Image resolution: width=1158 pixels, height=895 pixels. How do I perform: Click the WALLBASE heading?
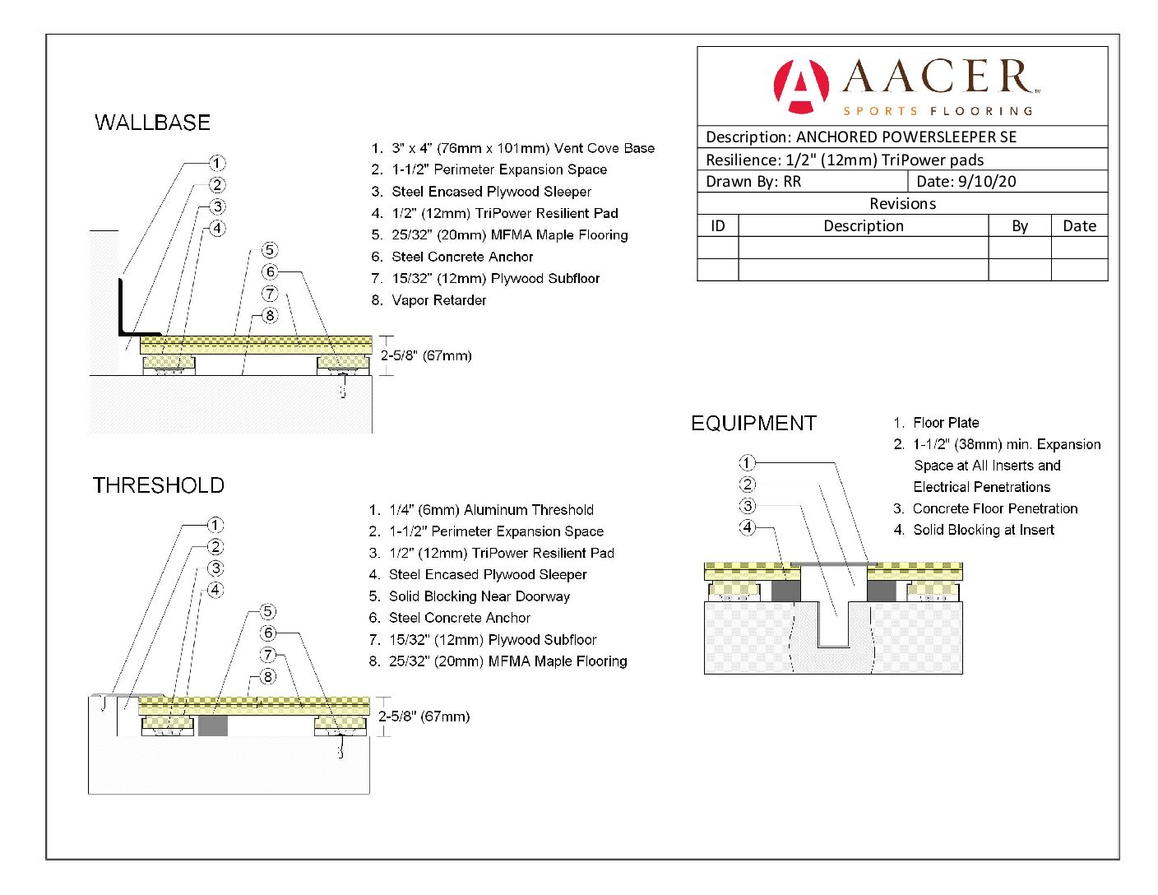(152, 123)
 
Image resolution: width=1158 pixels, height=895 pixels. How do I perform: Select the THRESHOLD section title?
(158, 485)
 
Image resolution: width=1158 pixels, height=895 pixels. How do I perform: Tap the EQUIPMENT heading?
(753, 424)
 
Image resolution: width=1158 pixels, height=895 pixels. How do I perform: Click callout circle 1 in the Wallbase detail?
(216, 163)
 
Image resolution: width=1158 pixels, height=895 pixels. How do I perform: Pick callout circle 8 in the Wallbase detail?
(270, 315)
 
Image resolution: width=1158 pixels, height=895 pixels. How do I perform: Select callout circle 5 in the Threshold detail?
(267, 611)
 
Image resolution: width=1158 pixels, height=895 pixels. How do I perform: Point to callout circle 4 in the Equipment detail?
(747, 527)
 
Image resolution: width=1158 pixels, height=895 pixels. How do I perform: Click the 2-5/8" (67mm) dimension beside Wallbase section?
(426, 355)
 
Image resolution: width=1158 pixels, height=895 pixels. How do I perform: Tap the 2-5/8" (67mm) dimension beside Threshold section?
(424, 716)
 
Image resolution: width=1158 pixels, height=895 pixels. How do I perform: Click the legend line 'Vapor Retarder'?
(438, 300)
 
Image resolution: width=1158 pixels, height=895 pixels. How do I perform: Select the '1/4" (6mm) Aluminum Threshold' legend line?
(491, 510)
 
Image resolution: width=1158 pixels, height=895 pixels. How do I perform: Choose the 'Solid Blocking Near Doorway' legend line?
(479, 596)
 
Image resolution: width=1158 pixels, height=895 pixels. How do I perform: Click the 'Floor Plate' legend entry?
(946, 423)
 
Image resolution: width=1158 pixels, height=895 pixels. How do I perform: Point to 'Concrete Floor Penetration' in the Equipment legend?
(994, 508)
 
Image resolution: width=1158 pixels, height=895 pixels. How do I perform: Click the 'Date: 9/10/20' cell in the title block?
(966, 182)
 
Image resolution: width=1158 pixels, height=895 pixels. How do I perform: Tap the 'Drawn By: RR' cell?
(753, 182)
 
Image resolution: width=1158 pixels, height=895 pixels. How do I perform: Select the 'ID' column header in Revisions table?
(718, 226)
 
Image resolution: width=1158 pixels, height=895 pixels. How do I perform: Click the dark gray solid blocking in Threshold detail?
(213, 725)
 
